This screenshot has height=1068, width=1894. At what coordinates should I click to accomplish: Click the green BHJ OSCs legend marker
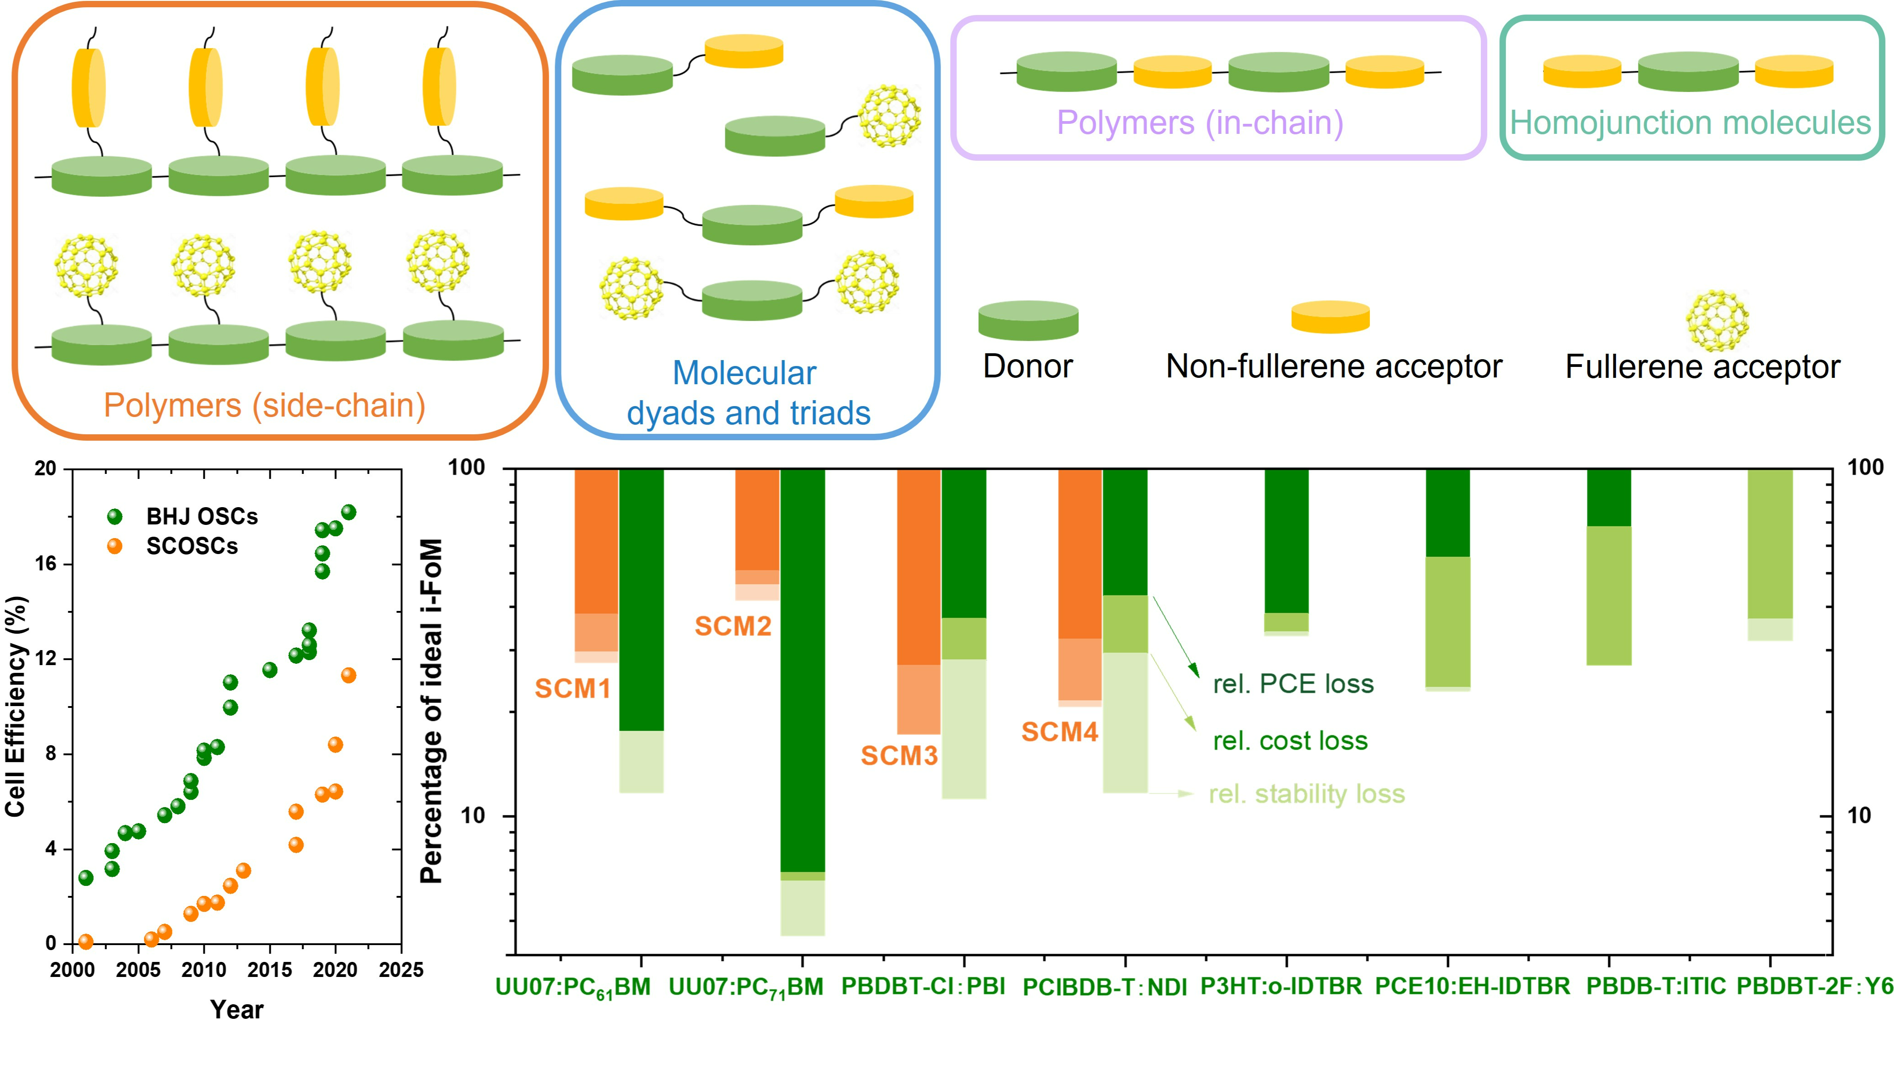(115, 516)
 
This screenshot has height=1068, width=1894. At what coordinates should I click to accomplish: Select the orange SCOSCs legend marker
(115, 546)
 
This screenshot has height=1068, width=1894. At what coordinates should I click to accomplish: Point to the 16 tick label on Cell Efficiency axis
(46, 564)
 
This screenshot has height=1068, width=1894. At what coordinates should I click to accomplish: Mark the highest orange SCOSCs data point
(349, 675)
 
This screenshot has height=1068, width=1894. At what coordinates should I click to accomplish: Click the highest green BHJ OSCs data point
(349, 512)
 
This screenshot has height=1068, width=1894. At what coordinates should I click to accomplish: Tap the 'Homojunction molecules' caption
(1690, 123)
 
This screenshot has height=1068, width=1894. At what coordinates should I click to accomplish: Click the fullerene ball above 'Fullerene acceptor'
(1717, 320)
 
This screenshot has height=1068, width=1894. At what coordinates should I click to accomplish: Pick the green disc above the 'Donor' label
(1028, 320)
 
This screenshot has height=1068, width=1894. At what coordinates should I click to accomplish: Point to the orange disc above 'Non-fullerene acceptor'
(1331, 317)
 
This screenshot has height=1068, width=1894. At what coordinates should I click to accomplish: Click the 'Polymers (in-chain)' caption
(1200, 123)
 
